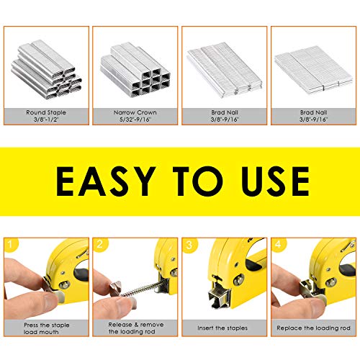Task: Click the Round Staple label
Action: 49,113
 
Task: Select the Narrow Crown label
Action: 135,113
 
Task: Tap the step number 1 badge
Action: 12,244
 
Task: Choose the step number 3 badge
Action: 189,244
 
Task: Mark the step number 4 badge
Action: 279,244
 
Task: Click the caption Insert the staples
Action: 224,328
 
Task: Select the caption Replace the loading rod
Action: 313,328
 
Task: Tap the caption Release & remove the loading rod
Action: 135,328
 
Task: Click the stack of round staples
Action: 48,69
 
